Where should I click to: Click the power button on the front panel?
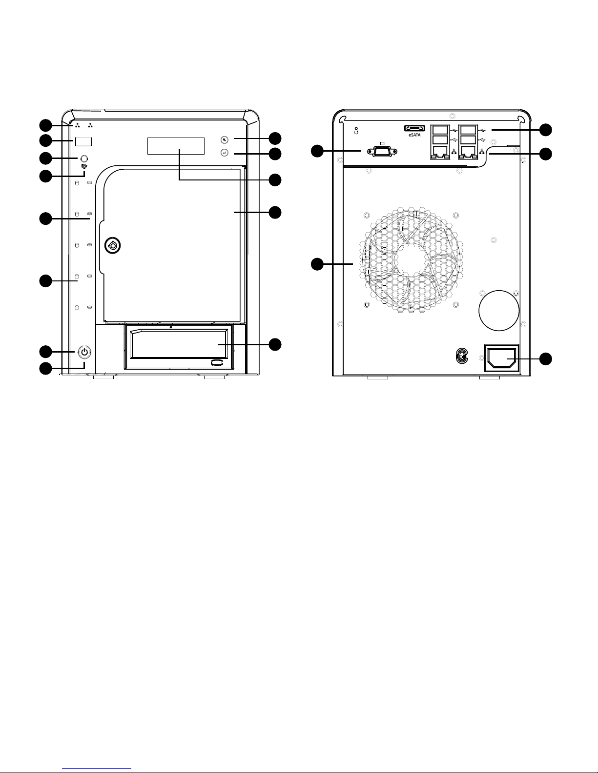tap(84, 353)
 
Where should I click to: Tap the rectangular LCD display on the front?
tap(176, 146)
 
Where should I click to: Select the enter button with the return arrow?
tap(224, 153)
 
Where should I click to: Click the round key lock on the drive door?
tap(112, 245)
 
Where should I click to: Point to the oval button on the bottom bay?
tap(218, 362)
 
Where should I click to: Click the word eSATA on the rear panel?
tap(414, 135)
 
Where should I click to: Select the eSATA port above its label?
tap(414, 128)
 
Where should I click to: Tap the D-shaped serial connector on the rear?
tap(382, 152)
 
